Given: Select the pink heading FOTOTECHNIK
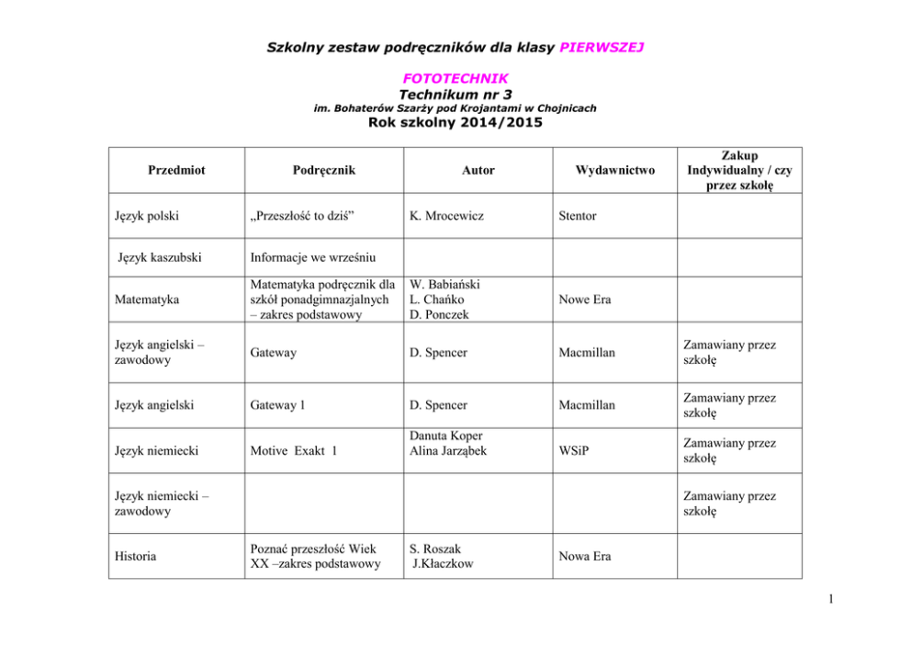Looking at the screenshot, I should (x=455, y=79).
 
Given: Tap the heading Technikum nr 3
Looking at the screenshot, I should (x=455, y=94).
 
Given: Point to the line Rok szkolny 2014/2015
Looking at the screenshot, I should (x=455, y=123).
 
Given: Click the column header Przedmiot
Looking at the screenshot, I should (x=176, y=170).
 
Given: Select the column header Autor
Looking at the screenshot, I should (x=478, y=170).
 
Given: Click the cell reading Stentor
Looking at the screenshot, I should (x=577, y=216).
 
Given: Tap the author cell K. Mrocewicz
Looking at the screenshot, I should (x=447, y=216).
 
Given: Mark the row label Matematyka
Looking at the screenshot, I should (x=147, y=300).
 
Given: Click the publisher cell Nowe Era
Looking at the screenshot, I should (x=585, y=300).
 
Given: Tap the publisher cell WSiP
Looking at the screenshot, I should (x=574, y=450).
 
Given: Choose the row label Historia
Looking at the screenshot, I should (x=136, y=556).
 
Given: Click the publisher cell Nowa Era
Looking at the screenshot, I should (x=586, y=556).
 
